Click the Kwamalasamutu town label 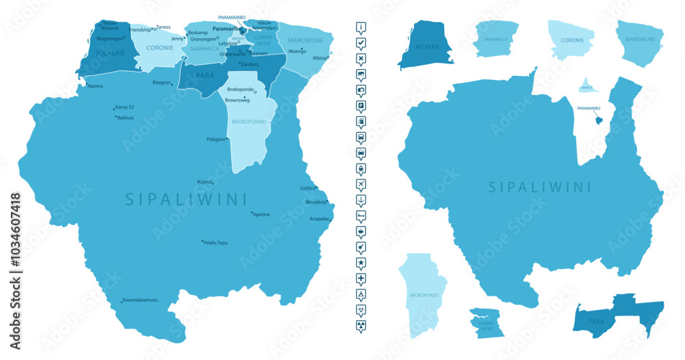tap(140, 300)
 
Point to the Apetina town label tap(261, 214)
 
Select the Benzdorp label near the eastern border tap(316, 203)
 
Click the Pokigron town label tap(216, 139)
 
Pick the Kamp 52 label tap(125, 107)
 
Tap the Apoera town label tap(95, 86)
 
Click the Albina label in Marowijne tap(320, 58)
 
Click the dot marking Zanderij tap(238, 63)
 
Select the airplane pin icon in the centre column tap(361, 184)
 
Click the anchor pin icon tap(361, 200)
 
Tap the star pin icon tap(361, 263)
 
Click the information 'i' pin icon tap(361, 27)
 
